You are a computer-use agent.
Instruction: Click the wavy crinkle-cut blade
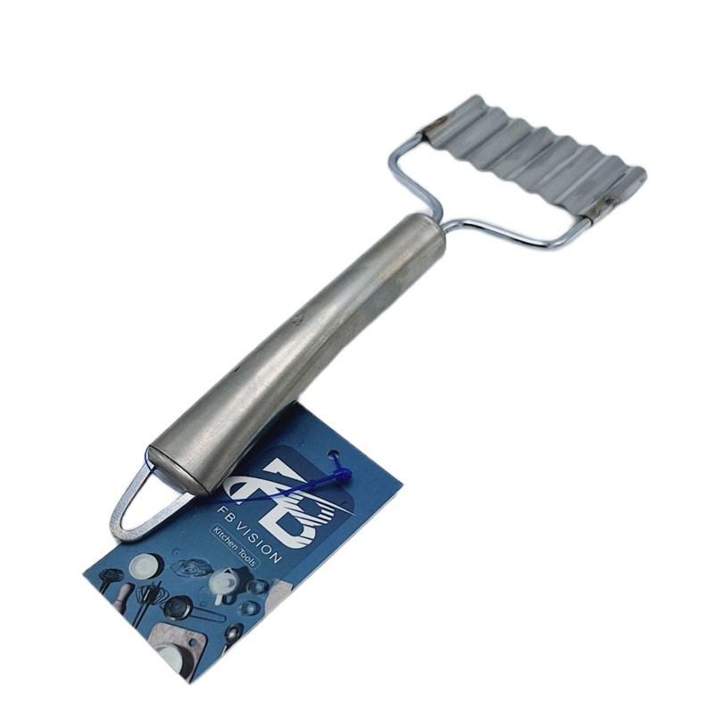[535, 157]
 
